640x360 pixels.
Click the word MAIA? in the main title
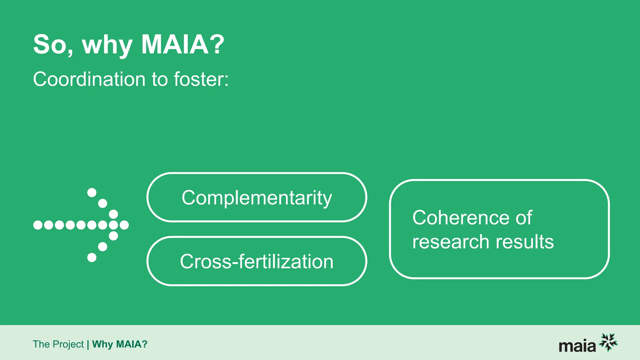click(x=183, y=45)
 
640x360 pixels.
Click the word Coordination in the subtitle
click(x=89, y=79)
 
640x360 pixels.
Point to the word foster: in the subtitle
click(x=201, y=79)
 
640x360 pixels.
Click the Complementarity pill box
click(x=257, y=197)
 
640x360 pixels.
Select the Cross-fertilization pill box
click(x=257, y=261)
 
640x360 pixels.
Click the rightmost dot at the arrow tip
click(x=124, y=225)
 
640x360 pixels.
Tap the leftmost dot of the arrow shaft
click(x=38, y=225)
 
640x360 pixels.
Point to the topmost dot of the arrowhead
click(x=92, y=192)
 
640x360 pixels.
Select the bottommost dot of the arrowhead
click(x=92, y=257)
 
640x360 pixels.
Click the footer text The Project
click(x=58, y=344)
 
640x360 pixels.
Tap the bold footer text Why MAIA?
click(x=120, y=344)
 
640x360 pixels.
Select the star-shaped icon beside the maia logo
click(x=608, y=342)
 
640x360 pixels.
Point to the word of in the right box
click(x=524, y=217)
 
